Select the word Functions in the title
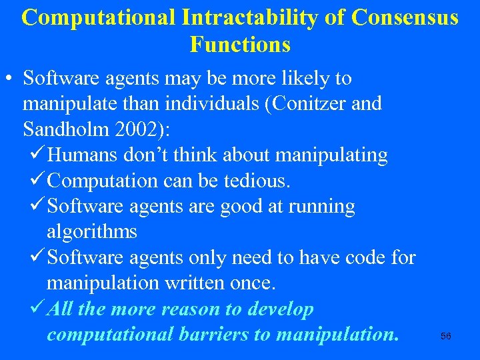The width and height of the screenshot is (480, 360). pyautogui.click(x=240, y=45)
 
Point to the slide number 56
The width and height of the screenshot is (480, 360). pyautogui.click(x=446, y=337)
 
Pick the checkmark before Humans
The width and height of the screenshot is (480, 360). pyautogui.click(x=38, y=155)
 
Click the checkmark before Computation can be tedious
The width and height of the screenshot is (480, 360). pyautogui.click(x=38, y=181)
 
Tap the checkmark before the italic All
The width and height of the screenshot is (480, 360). pyautogui.click(x=38, y=309)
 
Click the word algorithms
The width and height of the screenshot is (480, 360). pyautogui.click(x=92, y=232)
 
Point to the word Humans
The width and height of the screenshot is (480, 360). pyautogui.click(x=84, y=155)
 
